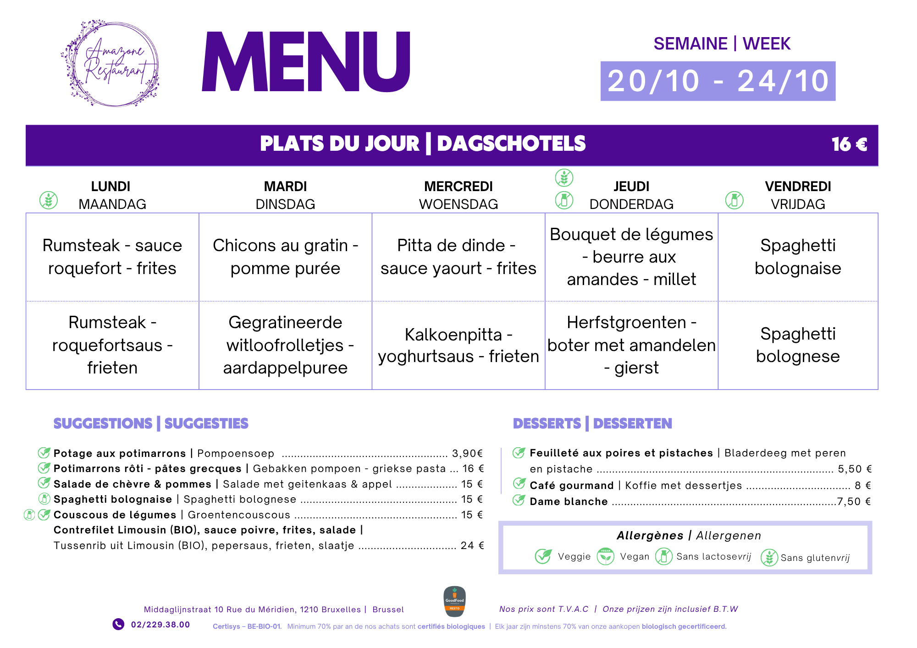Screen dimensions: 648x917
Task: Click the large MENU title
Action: [x=306, y=62]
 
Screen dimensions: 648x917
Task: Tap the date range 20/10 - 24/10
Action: [x=718, y=81]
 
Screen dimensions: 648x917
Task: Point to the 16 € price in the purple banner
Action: [x=849, y=144]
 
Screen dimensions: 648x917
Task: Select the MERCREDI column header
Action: [x=458, y=187]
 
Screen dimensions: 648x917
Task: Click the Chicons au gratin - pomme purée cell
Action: [x=285, y=257]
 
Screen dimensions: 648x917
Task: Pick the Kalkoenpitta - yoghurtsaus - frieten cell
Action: [x=458, y=345]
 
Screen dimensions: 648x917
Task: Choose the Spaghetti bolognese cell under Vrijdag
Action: [x=798, y=345]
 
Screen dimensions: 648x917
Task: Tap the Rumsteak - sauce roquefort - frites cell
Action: [x=112, y=257]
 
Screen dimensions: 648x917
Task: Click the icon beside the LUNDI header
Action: [x=49, y=200]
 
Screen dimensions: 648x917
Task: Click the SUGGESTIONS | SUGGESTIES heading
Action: [x=151, y=423]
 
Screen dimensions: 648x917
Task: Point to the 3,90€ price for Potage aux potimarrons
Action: [x=467, y=453]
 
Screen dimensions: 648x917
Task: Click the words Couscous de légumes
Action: [x=115, y=515]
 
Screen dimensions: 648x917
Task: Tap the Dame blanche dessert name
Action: [x=569, y=501]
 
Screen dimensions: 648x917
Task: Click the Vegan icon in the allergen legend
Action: [x=606, y=556]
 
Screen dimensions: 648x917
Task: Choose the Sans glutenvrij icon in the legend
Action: [x=769, y=557]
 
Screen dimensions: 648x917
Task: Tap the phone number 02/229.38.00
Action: [x=160, y=625]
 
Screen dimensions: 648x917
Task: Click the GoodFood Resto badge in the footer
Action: [x=454, y=601]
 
